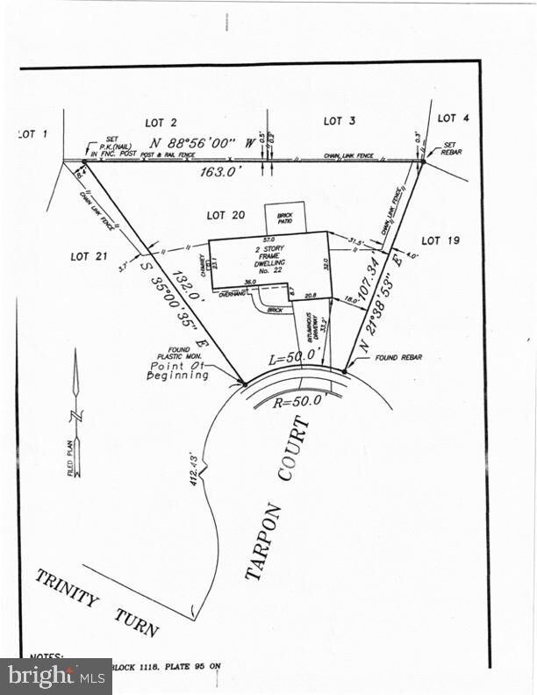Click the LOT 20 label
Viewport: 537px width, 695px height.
point(226,215)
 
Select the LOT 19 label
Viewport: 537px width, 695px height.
point(441,240)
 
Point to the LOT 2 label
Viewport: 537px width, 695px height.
point(161,122)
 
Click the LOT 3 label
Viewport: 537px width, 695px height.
point(339,121)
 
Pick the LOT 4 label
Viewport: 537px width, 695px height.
point(454,118)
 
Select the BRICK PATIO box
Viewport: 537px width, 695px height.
point(285,217)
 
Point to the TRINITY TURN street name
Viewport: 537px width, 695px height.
point(97,604)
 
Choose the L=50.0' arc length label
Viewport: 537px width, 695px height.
point(293,359)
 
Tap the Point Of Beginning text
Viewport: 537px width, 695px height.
point(178,370)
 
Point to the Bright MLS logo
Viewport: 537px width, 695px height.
point(55,676)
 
